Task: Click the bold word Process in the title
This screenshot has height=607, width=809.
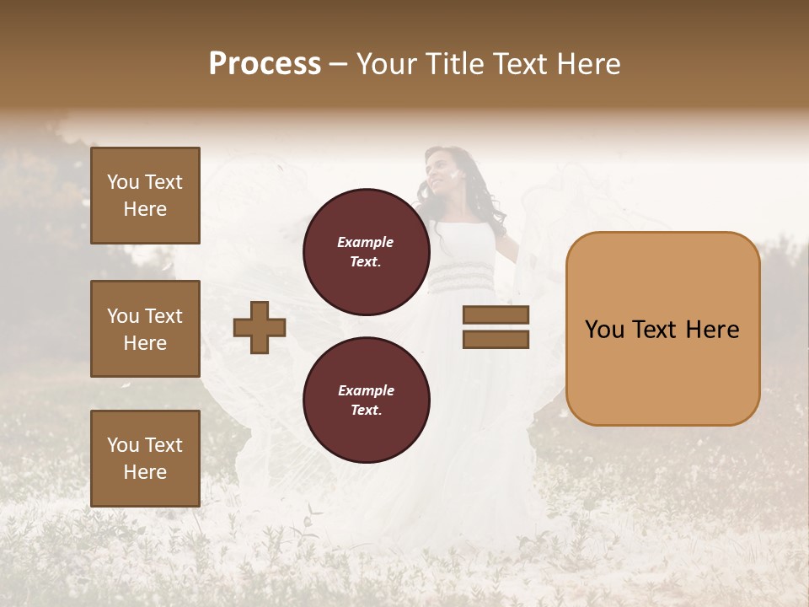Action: tap(265, 63)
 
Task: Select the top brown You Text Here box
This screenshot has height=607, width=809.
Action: tap(145, 196)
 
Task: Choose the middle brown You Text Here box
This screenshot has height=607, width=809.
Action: tap(145, 329)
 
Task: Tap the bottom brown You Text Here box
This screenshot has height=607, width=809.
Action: tap(145, 458)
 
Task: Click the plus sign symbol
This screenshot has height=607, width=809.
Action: tap(260, 327)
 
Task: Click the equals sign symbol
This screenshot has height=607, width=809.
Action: tap(496, 327)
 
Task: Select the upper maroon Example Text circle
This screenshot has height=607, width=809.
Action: tap(366, 251)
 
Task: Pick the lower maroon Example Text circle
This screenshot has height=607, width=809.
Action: tap(366, 400)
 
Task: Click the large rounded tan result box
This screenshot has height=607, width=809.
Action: tap(662, 329)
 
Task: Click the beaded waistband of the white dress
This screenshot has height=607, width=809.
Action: tap(460, 275)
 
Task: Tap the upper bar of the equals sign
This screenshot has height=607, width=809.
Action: tap(496, 315)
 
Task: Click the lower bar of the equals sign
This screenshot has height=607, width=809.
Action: tap(496, 339)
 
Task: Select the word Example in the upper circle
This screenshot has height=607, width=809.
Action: tap(366, 242)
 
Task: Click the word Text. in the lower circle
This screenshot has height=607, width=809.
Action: tap(366, 410)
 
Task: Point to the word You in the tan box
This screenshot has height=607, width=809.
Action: tap(604, 330)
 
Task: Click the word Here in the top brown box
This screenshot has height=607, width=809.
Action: tap(145, 209)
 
